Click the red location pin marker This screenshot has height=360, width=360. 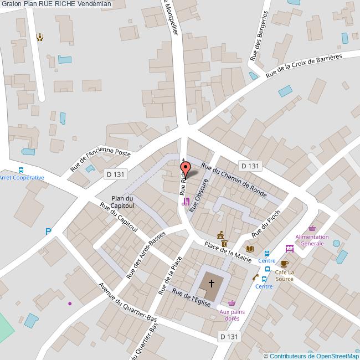pyautogui.click(x=186, y=169)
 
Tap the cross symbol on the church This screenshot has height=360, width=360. pyautogui.click(x=211, y=284)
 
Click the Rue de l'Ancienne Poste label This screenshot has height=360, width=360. pyautogui.click(x=100, y=161)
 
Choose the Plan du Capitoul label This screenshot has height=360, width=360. pyautogui.click(x=122, y=202)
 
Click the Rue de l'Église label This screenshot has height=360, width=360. pyautogui.click(x=192, y=301)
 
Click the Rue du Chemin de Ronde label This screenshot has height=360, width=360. pyautogui.click(x=234, y=180)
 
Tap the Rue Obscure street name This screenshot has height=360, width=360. pyautogui.click(x=198, y=196)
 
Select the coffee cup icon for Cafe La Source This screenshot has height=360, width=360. pyautogui.click(x=284, y=264)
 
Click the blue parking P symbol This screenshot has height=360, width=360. pyautogui.click(x=49, y=232)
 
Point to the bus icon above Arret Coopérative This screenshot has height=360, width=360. pyautogui.click(x=21, y=170)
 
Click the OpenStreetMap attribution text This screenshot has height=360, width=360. pyautogui.click(x=311, y=356)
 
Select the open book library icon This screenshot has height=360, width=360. pyautogui.click(x=249, y=249)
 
